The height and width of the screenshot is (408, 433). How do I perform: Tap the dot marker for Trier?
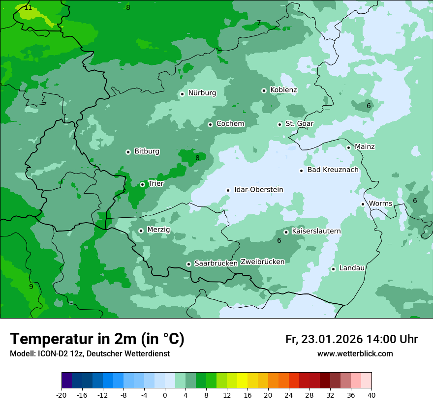pyautogui.click(x=142, y=184)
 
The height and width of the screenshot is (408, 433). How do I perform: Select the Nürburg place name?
pyautogui.click(x=202, y=93)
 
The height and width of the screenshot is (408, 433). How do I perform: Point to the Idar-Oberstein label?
pyautogui.click(x=258, y=189)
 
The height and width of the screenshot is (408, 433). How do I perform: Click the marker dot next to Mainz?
pyautogui.click(x=348, y=147)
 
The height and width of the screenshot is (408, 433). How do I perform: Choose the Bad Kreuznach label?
pyautogui.click(x=333, y=170)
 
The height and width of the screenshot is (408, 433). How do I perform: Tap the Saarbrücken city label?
pyautogui.click(x=216, y=263)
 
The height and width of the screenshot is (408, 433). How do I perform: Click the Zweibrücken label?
pyautogui.click(x=262, y=262)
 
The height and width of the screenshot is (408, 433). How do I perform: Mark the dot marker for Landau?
pyautogui.click(x=333, y=269)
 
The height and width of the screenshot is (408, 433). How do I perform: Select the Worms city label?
pyautogui.click(x=380, y=204)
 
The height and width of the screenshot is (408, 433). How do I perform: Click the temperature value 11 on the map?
pyautogui.click(x=28, y=7)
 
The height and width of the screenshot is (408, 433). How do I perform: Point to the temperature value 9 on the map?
pyautogui.click(x=31, y=287)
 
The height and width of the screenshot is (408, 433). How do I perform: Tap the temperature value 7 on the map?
pyautogui.click(x=259, y=23)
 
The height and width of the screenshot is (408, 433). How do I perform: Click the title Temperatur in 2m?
pyautogui.click(x=97, y=339)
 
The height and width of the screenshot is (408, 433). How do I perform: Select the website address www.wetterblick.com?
pyautogui.click(x=355, y=354)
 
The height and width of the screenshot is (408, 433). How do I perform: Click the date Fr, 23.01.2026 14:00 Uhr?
pyautogui.click(x=351, y=339)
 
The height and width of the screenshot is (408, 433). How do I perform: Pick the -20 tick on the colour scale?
pyautogui.click(x=62, y=395)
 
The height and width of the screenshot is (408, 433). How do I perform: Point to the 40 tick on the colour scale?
pyautogui.click(x=371, y=395)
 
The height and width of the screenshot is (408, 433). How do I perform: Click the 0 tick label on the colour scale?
pyautogui.click(x=165, y=395)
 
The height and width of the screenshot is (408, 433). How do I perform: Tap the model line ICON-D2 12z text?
pyautogui.click(x=90, y=354)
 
